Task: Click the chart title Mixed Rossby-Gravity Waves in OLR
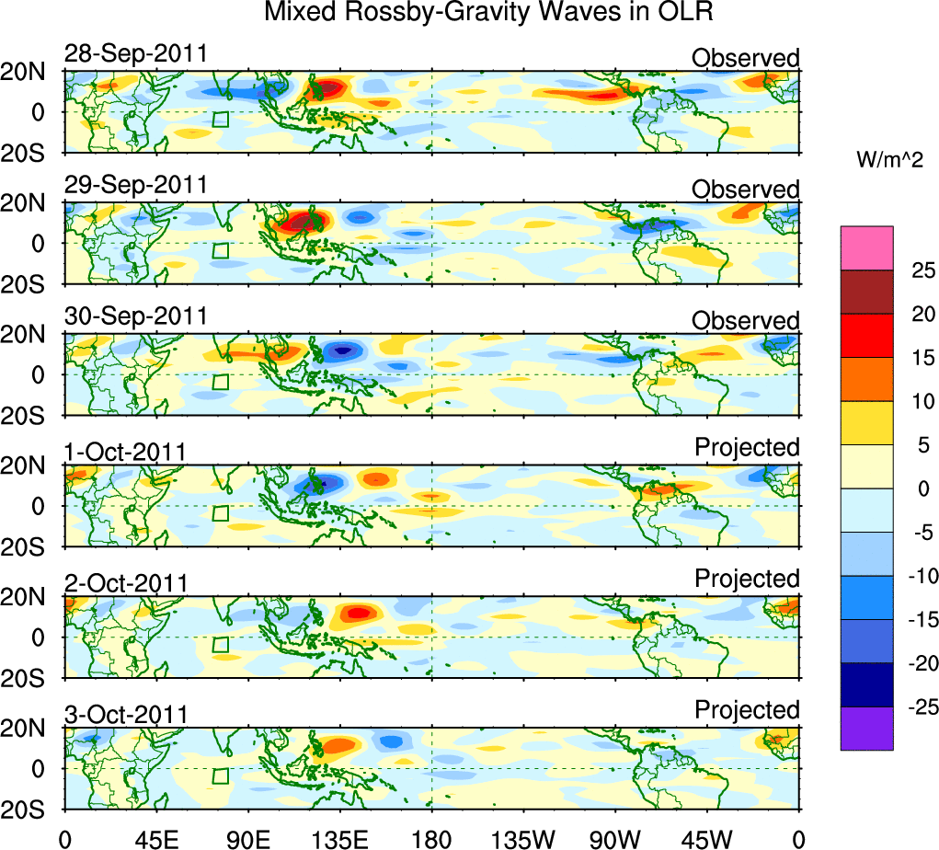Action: point(488,13)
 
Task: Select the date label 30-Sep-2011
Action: point(135,316)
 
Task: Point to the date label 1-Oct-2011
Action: point(125,452)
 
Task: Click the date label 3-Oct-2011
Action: point(125,714)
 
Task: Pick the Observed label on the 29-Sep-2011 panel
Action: point(745,190)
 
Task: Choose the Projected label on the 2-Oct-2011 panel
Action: point(747,579)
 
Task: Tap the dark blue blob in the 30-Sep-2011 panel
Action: point(343,350)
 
